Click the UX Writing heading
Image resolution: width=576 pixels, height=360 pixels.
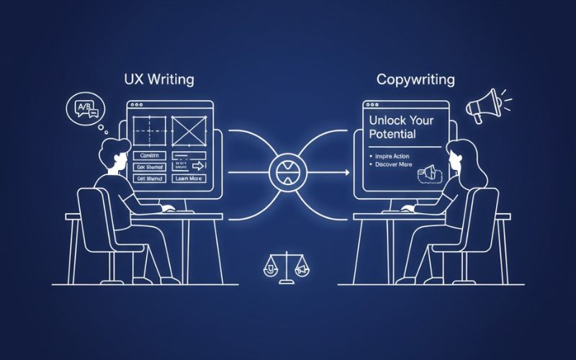158,78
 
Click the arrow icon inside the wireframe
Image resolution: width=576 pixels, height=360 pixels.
198,166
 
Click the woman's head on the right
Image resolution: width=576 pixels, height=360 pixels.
459,155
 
